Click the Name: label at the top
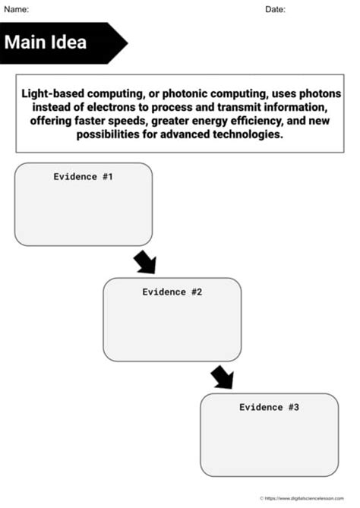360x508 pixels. pyautogui.click(x=17, y=9)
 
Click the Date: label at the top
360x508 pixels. pyautogui.click(x=275, y=9)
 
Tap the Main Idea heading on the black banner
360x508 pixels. pyautogui.click(x=46, y=42)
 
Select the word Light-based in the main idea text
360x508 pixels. pyautogui.click(x=52, y=93)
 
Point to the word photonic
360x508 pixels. pyautogui.click(x=180, y=93)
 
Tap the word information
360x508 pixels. pyautogui.click(x=294, y=106)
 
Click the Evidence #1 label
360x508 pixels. pyautogui.click(x=83, y=176)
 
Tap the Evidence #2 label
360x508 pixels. pyautogui.click(x=172, y=292)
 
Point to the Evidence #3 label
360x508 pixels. pyautogui.click(x=269, y=407)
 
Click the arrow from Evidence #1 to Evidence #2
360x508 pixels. pyautogui.click(x=144, y=262)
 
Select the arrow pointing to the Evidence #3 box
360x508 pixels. pyautogui.click(x=222, y=377)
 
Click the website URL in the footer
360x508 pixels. pyautogui.click(x=308, y=498)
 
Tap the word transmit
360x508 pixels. pyautogui.click(x=226, y=106)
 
